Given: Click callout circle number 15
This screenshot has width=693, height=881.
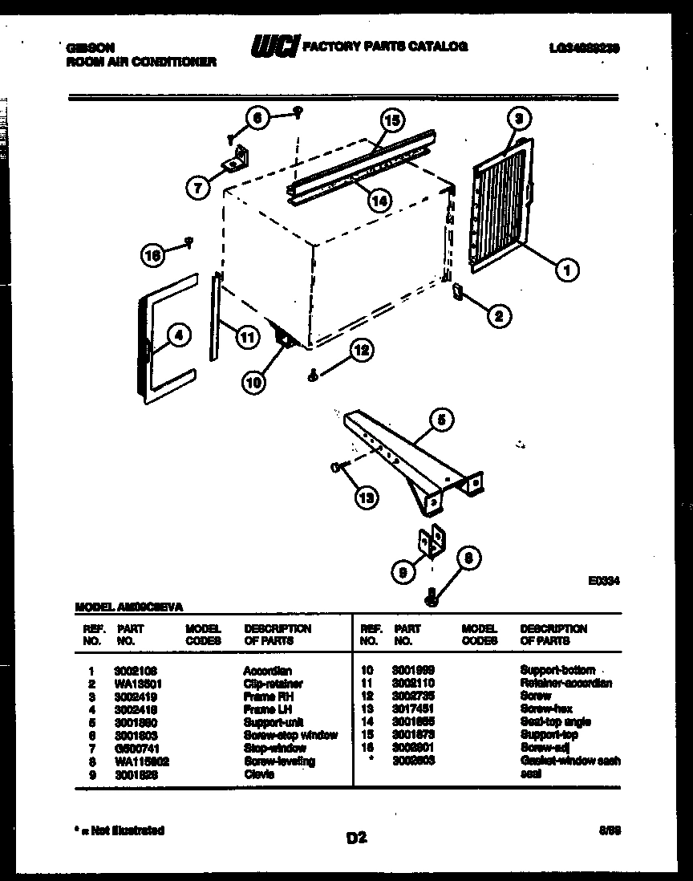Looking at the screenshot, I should point(391,122).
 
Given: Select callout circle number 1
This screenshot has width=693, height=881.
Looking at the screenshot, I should point(567,271).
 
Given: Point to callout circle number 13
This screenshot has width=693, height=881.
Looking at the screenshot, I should point(367,497).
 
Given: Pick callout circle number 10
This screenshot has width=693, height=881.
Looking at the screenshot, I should point(253,384).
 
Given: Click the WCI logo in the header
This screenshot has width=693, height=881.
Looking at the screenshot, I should point(275,47).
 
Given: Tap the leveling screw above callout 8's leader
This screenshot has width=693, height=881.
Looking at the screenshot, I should point(432,595).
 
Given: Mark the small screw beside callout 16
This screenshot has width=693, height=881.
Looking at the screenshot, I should point(189,240).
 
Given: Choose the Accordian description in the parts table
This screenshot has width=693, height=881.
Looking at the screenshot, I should point(267,670).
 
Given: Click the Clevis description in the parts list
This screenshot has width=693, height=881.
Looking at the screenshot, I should point(258,774).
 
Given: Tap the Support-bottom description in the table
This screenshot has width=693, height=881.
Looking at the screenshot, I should point(557,670).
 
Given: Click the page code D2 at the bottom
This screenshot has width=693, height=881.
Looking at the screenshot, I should point(356,838).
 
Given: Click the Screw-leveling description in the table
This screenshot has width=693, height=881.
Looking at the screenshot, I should point(279,761).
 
